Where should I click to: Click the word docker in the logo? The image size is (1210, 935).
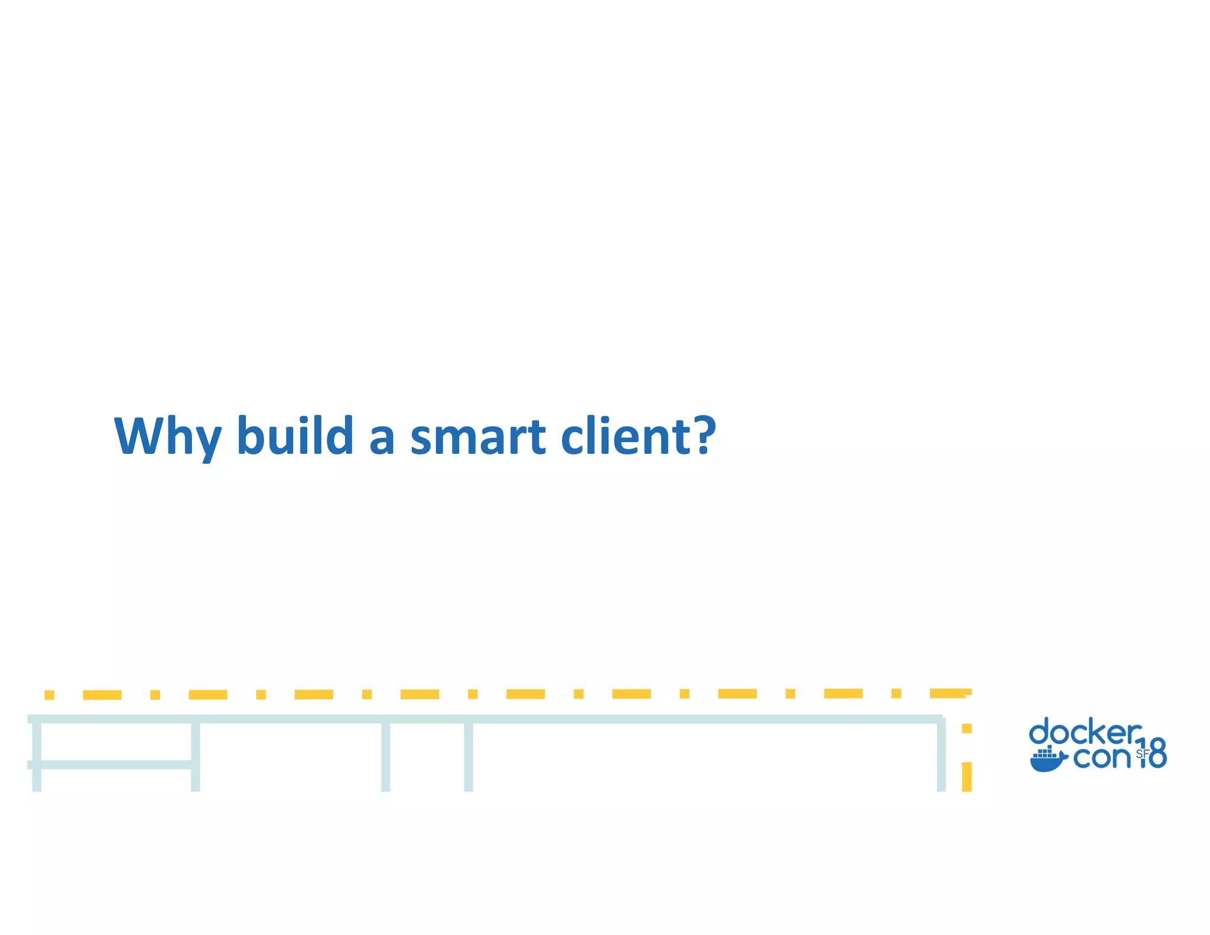(1085, 733)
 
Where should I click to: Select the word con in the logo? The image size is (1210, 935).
(1101, 757)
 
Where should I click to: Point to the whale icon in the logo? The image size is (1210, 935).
(1048, 759)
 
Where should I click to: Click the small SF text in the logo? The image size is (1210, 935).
(1142, 754)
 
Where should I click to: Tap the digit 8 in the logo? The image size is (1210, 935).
(1157, 753)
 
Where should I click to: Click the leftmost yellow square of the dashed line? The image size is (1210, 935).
(49, 694)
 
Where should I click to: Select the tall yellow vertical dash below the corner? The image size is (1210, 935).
(967, 776)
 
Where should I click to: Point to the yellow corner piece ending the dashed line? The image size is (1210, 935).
(951, 693)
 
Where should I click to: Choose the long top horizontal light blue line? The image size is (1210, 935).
(484, 719)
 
